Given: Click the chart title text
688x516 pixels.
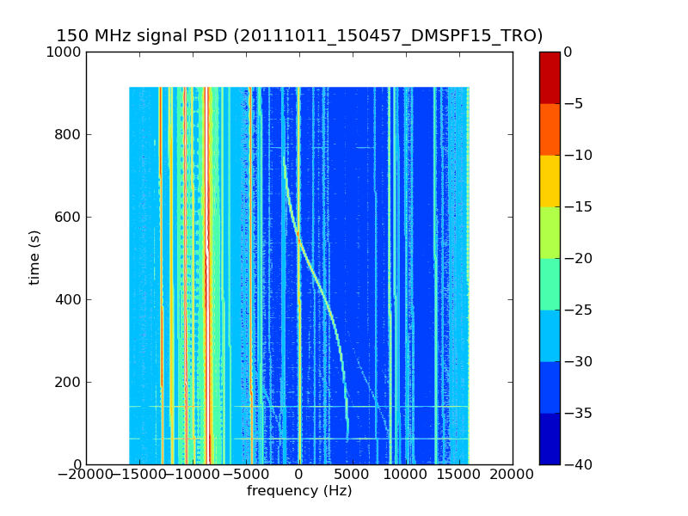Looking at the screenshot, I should click(x=299, y=36).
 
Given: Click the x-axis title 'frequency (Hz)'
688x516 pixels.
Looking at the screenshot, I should click(x=299, y=491).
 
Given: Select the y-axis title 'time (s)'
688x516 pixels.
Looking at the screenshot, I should click(x=34, y=257).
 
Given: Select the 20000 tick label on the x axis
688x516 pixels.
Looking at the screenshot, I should click(x=513, y=475).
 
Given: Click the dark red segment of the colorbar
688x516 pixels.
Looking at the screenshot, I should click(x=549, y=77).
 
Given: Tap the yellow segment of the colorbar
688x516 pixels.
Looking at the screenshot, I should click(x=549, y=181).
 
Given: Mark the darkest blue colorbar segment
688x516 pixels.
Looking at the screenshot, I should click(x=549, y=439).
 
